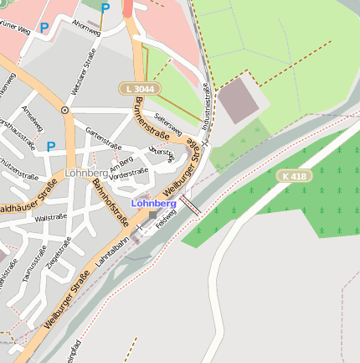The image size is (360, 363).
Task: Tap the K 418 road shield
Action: click(x=295, y=175)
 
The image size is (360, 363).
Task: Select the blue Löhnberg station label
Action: click(x=154, y=203)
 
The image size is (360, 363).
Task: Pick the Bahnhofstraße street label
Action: click(x=111, y=202)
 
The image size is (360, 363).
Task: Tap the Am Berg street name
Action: click(x=121, y=161)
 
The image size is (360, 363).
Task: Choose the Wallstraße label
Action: click(x=51, y=216)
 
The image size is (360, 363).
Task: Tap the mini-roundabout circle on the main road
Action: click(x=64, y=110)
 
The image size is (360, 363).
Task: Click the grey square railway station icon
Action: click(x=152, y=215)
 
